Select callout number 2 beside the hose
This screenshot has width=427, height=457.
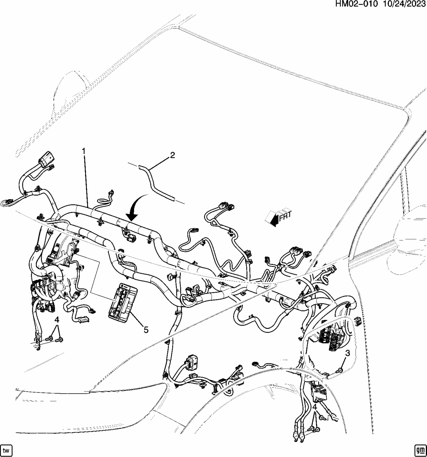(x=172, y=155)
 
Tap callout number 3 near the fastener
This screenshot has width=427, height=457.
(x=347, y=353)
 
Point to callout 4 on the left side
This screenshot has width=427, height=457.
(x=57, y=320)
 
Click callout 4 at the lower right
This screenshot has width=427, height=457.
(x=315, y=407)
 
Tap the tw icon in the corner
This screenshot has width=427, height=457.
(x=7, y=450)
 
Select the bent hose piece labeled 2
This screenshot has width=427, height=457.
(x=156, y=182)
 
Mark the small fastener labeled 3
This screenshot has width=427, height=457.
(x=340, y=370)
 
